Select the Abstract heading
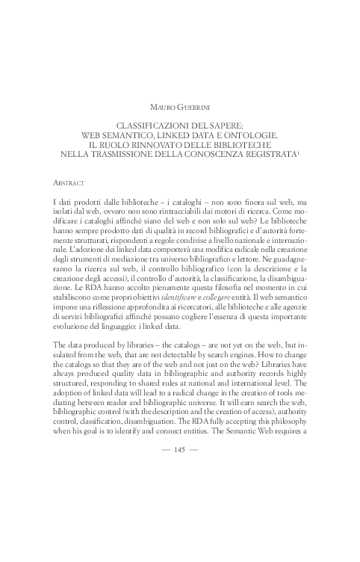69,182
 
